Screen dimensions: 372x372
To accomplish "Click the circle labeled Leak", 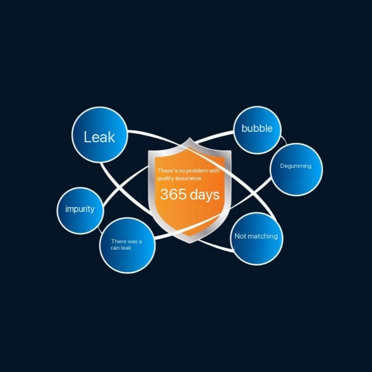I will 100,135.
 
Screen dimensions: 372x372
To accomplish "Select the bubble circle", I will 257,130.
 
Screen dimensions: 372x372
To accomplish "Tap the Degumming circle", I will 296,169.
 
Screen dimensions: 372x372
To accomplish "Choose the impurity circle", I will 80,210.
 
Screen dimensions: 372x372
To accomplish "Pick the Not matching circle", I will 256,238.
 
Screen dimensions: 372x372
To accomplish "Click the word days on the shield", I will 204,194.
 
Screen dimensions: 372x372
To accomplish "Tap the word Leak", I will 99,137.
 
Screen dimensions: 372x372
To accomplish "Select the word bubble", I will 257,128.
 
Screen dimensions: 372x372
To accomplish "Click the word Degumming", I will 296,166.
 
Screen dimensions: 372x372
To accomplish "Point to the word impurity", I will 80,209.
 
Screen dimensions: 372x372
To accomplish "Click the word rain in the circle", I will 115,248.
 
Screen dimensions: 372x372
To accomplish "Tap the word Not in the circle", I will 240,236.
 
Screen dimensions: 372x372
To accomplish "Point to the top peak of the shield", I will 189,138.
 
